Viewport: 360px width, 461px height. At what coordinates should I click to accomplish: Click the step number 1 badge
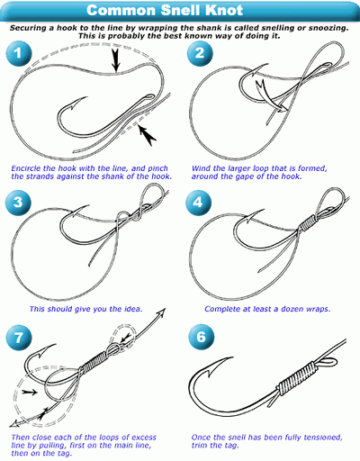point(19,53)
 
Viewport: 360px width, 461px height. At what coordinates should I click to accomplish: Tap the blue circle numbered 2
point(200,53)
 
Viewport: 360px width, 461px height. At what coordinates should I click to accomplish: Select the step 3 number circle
point(18,202)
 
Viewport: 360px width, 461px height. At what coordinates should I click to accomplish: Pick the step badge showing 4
point(198,202)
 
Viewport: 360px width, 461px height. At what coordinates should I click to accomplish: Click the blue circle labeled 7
point(19,337)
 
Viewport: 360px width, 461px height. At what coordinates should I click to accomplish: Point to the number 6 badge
point(202,337)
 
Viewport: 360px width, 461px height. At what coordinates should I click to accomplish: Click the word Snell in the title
point(181,10)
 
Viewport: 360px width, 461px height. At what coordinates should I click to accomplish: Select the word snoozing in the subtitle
point(328,28)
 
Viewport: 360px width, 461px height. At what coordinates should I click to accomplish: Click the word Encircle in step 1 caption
point(26,168)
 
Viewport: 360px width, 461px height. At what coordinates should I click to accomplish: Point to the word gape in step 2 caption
point(245,176)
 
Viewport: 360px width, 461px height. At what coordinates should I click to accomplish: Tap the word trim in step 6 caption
point(198,445)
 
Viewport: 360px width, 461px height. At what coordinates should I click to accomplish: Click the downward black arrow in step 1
point(116,60)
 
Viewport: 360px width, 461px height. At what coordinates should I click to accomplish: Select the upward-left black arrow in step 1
point(147,136)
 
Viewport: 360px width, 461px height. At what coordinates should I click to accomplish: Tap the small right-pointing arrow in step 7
point(30,392)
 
